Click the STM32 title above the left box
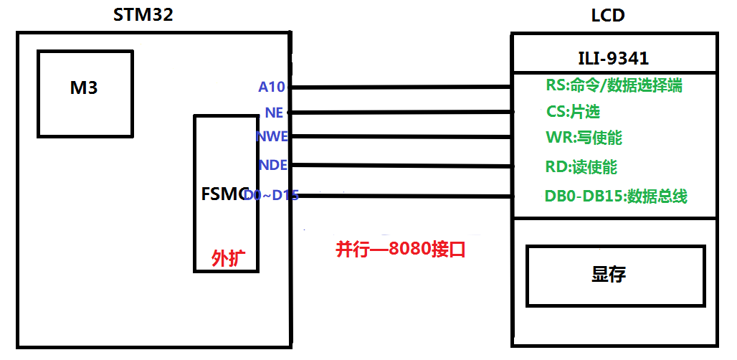coord(143,14)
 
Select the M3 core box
coord(85,93)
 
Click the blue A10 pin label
coord(272,87)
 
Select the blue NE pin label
coord(274,113)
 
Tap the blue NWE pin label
coord(272,136)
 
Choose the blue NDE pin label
coord(272,165)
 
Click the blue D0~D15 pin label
coord(271,195)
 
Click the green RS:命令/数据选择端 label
coord(614,85)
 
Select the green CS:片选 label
coord(573,112)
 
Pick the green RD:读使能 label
coord(581,167)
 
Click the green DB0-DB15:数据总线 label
coord(616,196)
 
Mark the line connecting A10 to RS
coord(401,87)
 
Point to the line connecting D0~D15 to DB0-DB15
coord(401,196)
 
